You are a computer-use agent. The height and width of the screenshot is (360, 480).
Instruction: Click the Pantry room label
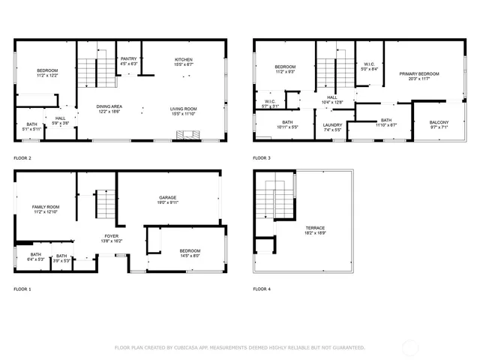coord(129,61)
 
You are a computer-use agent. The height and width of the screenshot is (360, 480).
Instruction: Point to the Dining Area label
coord(109,108)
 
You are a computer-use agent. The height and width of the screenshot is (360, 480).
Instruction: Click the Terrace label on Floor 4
coord(315,230)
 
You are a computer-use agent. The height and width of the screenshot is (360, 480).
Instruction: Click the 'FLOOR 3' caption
coord(262,158)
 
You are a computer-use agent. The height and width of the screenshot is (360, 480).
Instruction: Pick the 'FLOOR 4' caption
coord(262,288)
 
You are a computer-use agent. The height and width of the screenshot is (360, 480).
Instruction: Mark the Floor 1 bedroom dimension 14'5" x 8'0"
coord(189,256)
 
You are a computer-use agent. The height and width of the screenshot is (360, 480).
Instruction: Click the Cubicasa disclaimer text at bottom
coord(239,347)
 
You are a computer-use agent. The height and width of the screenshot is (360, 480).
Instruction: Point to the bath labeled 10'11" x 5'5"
coord(288,127)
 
